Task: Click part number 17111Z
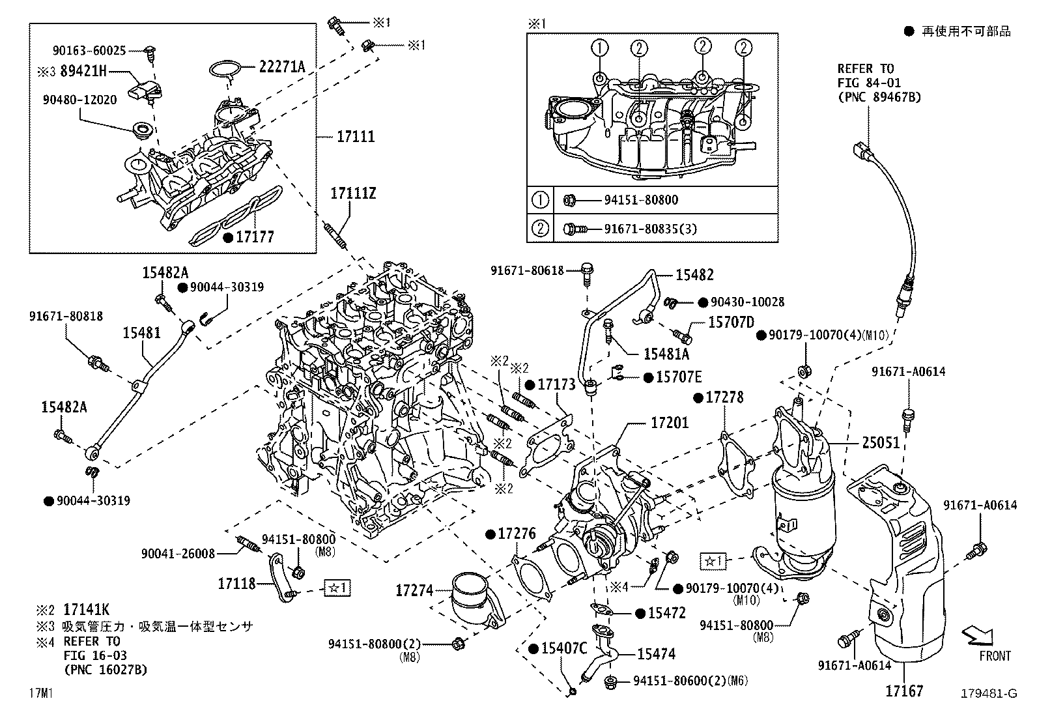tap(352, 193)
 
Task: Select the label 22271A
tap(282, 66)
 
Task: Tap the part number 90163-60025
tap(89, 50)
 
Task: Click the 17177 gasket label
tap(255, 237)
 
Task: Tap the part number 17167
tap(903, 691)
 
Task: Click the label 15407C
tap(564, 648)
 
